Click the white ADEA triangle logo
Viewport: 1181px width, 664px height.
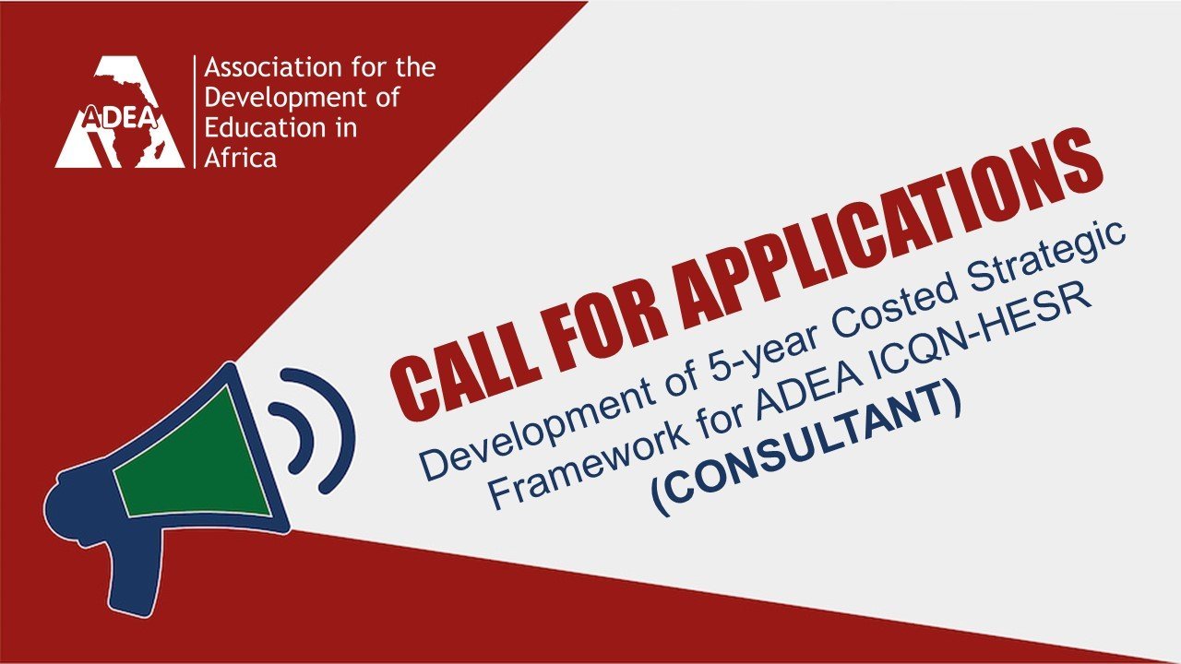pyautogui.click(x=120, y=113)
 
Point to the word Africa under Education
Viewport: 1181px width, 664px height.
pyautogui.click(x=241, y=158)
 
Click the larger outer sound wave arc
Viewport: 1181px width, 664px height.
pyautogui.click(x=323, y=431)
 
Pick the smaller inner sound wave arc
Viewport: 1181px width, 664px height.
pyautogui.click(x=294, y=437)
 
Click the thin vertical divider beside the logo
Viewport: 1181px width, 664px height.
pyautogui.click(x=195, y=112)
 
